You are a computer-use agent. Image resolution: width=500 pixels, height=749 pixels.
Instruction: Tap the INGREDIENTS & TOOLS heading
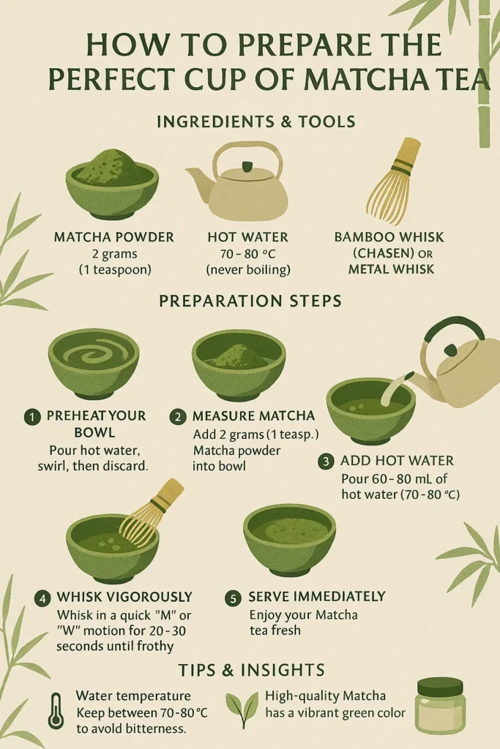pos(256,121)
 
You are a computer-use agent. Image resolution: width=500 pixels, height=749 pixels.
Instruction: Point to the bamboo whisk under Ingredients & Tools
pos(395,181)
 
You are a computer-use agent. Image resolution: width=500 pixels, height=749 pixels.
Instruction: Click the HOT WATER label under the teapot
pos(248,237)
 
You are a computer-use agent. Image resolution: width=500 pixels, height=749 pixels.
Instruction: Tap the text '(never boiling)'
pos(248,270)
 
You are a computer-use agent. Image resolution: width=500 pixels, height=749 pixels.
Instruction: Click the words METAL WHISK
pos(391,269)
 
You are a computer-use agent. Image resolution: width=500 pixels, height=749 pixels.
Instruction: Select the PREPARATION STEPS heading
pos(250,301)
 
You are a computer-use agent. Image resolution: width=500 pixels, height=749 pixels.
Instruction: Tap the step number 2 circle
pos(178,416)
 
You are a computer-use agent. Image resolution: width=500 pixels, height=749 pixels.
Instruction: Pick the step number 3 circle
pos(326,462)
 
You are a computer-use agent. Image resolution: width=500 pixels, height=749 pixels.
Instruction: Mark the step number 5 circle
pos(233,598)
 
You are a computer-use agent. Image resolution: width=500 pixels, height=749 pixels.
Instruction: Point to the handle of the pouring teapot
pos(453,334)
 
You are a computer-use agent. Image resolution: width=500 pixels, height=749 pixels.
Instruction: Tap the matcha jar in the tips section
pos(440,706)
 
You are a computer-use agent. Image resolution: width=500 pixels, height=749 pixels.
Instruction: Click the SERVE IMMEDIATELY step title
pos(316,597)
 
